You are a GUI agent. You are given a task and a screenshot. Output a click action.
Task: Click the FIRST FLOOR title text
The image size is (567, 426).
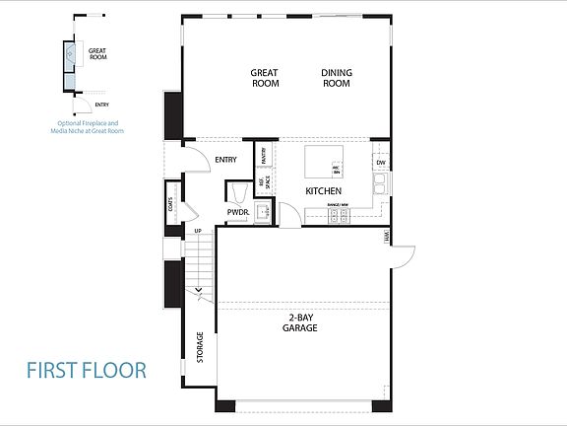click(87, 371)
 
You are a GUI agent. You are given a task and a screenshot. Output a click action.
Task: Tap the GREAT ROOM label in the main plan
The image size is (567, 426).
click(265, 78)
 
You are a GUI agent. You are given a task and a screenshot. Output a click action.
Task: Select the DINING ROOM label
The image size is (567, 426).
click(337, 78)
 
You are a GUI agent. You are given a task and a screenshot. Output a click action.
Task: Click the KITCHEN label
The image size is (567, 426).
click(323, 189)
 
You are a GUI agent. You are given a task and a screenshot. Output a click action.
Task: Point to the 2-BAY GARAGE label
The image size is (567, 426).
click(301, 322)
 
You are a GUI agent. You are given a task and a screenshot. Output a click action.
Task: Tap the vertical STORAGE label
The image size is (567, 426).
click(200, 346)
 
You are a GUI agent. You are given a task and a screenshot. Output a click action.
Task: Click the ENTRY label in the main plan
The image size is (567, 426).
click(225, 160)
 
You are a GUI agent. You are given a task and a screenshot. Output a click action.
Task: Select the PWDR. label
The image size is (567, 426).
click(237, 212)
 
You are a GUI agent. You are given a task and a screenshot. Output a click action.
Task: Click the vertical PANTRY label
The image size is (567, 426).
click(264, 155)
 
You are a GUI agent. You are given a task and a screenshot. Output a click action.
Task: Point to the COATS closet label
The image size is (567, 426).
click(172, 206)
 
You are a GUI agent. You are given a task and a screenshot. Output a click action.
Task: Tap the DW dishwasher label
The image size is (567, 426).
click(380, 163)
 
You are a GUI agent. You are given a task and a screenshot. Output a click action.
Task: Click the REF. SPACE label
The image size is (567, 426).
click(263, 182)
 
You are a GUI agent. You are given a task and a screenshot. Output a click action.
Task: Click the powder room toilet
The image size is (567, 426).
click(237, 191)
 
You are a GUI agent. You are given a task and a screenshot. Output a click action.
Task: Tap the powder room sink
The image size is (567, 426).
click(263, 211)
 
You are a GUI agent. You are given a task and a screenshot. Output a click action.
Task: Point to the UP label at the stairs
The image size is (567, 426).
click(198, 231)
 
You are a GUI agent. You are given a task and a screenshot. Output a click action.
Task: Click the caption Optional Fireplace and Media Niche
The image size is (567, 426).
click(91, 126)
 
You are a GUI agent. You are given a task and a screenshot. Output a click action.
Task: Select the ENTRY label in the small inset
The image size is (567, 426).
click(101, 105)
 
